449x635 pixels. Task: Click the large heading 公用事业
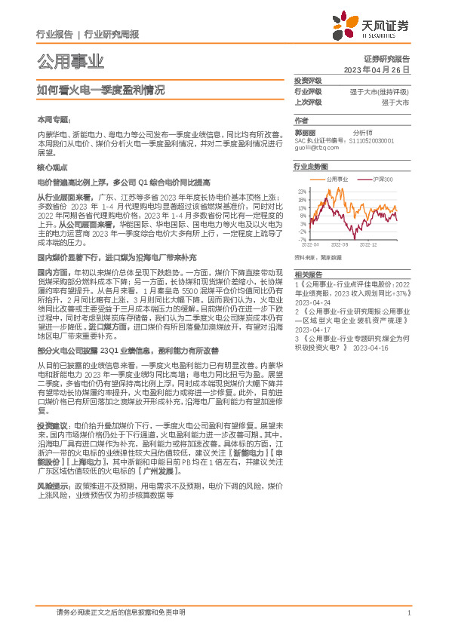point(70,61)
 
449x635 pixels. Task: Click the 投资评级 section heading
point(308,80)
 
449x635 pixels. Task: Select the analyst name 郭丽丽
point(305,131)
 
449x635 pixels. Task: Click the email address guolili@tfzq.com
point(315,147)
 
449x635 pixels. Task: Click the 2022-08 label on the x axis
point(340,245)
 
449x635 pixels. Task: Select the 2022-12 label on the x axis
point(369,245)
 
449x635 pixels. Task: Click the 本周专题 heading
point(53,119)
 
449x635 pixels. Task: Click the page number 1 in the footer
point(408,612)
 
